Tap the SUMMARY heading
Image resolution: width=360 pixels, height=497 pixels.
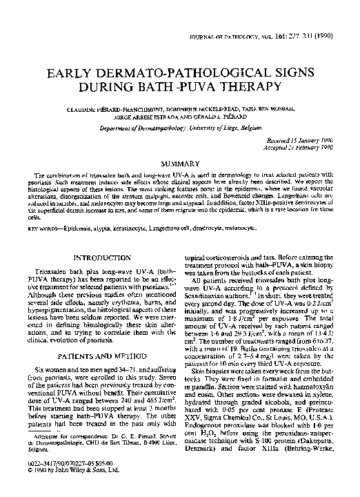(180, 144)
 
